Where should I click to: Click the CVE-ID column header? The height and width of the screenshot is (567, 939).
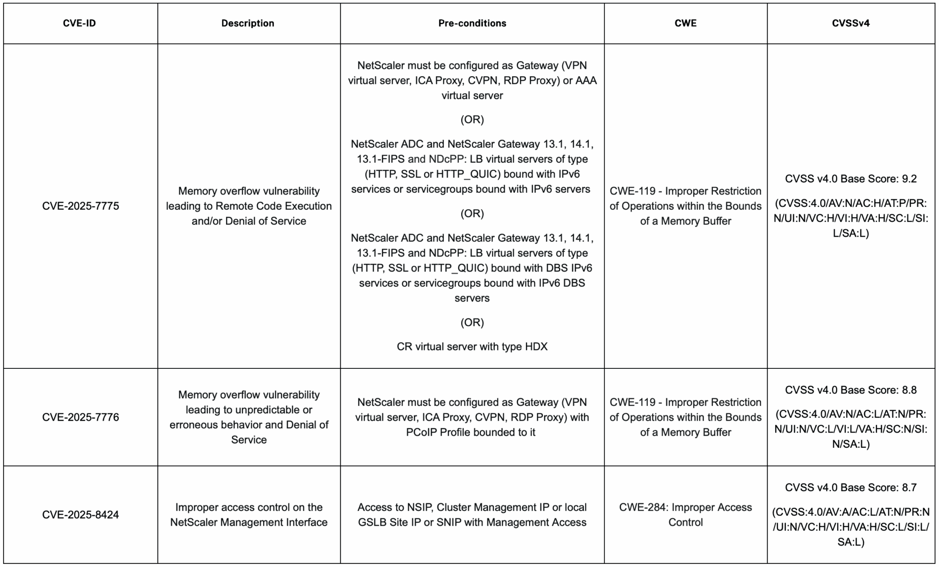tap(79, 23)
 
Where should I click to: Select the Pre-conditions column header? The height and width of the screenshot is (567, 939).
tap(472, 23)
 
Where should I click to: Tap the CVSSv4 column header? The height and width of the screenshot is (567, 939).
tap(851, 23)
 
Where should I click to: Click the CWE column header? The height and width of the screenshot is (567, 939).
tap(685, 23)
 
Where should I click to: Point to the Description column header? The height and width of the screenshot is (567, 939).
tap(248, 23)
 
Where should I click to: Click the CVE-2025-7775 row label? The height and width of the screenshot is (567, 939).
tap(80, 206)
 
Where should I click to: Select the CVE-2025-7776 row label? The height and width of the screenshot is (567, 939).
tap(80, 417)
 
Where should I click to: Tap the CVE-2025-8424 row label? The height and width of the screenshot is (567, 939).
tap(80, 515)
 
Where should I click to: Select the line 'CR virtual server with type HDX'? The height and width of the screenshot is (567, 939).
tap(472, 346)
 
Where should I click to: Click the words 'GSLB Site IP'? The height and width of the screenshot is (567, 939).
tap(389, 523)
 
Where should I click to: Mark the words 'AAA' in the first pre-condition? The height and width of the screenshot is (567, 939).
tap(586, 81)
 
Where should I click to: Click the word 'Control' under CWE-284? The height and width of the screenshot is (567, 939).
tap(685, 523)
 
